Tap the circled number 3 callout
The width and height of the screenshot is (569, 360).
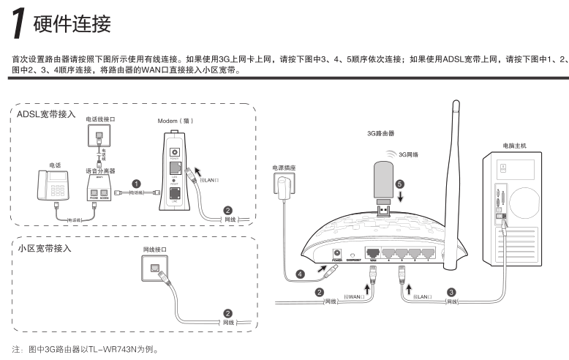click(451, 291)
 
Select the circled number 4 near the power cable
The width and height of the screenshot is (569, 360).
click(300, 275)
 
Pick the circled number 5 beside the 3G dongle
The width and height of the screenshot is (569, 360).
click(399, 184)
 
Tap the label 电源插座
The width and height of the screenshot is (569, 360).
click(283, 168)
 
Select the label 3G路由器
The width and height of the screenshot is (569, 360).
click(381, 134)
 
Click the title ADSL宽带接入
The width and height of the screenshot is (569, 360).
click(47, 115)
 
